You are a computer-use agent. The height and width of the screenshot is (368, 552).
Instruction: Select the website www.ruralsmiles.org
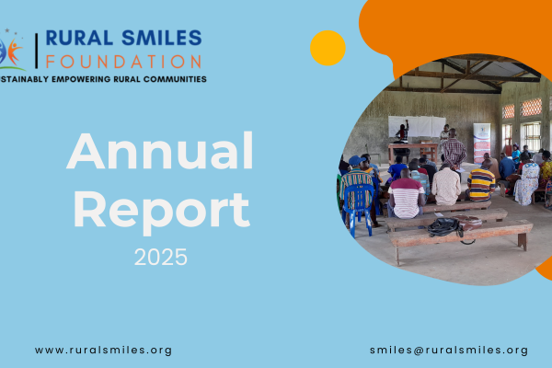[x=103, y=351]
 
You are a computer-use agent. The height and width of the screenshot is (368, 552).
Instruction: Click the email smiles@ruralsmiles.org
[x=449, y=351]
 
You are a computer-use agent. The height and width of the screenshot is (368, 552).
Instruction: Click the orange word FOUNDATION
[x=123, y=62]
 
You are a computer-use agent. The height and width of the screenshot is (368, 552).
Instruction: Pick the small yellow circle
[x=328, y=48]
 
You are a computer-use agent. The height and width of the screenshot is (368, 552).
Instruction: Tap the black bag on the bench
[x=444, y=226]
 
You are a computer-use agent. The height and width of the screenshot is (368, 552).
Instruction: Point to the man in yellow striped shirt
[x=479, y=182]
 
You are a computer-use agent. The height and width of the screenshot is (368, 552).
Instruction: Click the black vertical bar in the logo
[x=36, y=50]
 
